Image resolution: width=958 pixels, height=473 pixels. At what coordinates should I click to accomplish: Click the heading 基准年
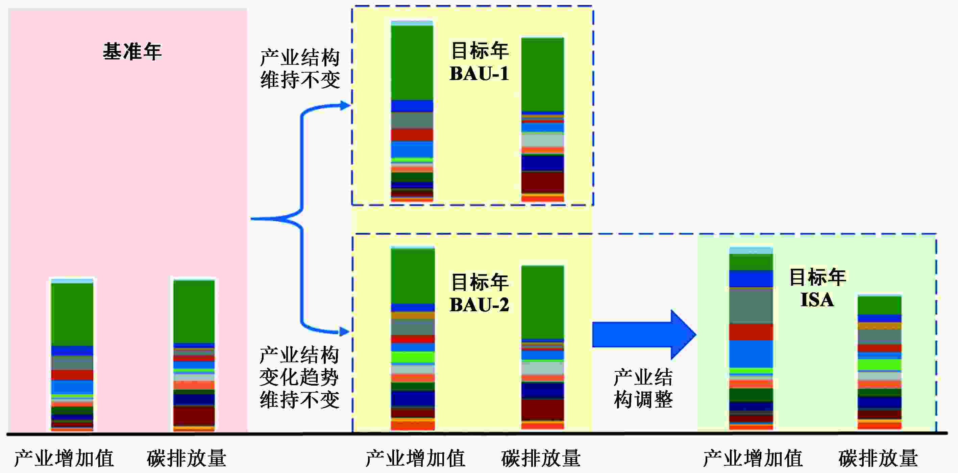132,51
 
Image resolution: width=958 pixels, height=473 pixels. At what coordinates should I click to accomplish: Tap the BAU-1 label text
479,73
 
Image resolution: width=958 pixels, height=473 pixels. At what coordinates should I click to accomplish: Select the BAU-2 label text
479,305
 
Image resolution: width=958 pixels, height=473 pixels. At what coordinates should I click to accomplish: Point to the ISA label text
817,300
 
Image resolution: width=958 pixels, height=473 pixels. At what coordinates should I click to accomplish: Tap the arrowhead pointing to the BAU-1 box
345,106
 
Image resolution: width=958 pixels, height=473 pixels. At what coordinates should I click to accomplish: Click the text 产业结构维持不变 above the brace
300,69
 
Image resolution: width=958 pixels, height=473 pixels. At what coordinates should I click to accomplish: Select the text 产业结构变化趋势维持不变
299,377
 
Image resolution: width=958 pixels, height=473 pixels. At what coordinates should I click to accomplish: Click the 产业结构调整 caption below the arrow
643,389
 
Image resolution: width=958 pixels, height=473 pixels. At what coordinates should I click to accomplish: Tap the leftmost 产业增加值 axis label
64,458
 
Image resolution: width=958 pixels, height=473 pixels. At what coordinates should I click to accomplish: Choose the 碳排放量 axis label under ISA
878,458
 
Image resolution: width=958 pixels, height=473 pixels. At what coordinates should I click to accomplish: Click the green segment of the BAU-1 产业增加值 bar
412,63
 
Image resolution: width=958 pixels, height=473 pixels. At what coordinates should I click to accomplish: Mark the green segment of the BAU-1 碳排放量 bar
543,74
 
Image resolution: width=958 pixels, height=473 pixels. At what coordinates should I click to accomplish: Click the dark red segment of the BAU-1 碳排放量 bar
543,182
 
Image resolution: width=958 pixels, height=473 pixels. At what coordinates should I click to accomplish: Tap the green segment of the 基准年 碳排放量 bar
194,312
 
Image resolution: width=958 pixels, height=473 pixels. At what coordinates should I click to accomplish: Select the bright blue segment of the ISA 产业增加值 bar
751,354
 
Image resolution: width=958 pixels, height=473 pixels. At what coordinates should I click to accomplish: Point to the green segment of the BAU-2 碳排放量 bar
543,303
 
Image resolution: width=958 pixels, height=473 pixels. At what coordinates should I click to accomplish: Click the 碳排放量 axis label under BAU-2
541,458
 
